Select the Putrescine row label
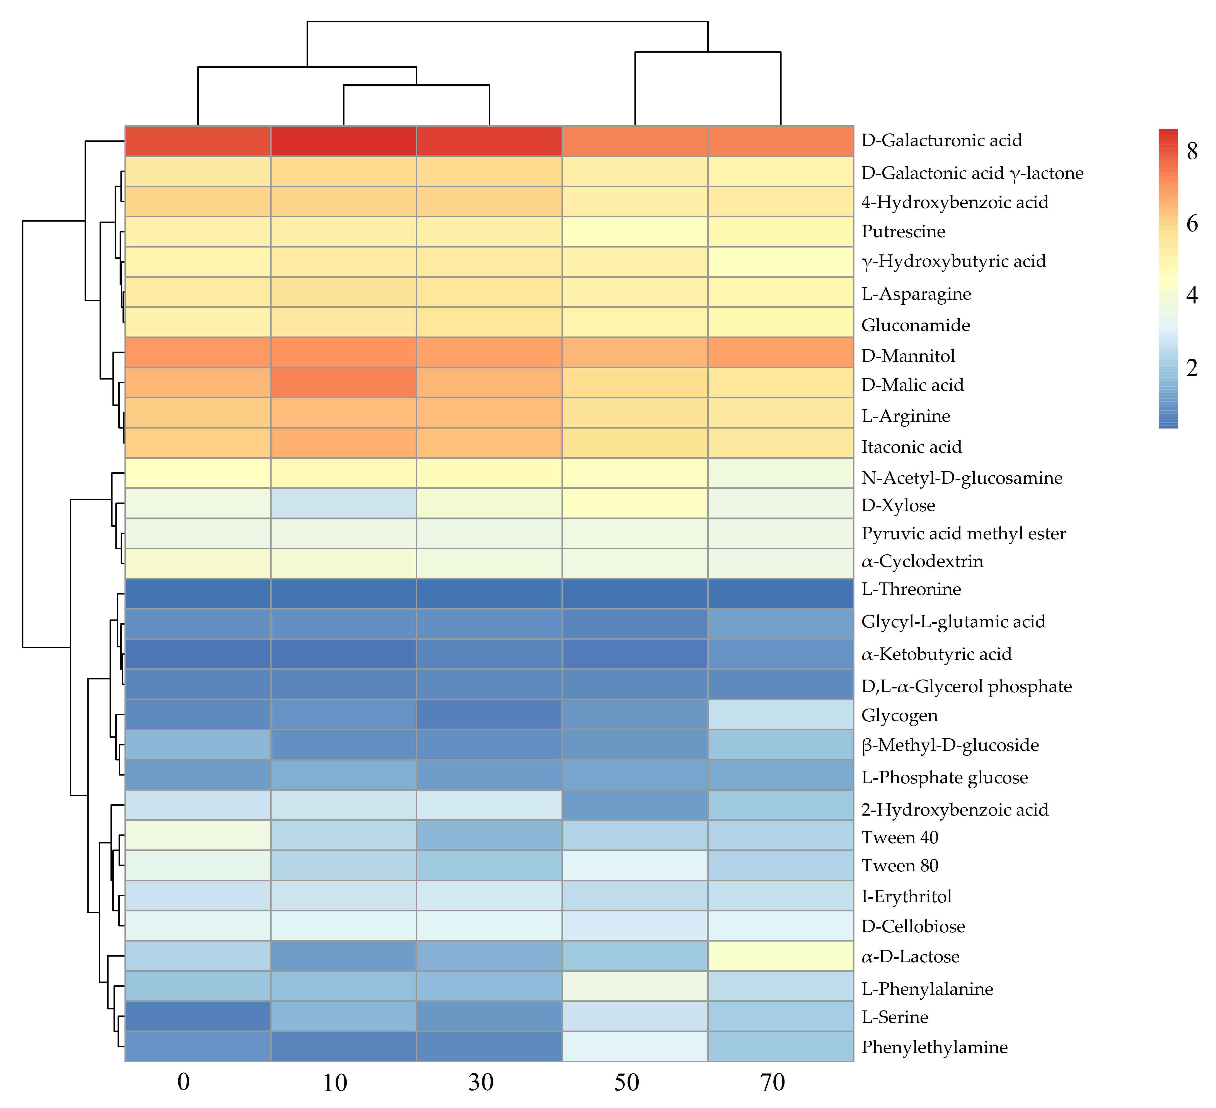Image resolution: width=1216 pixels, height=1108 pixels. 903,232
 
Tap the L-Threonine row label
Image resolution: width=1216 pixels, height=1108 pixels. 911,589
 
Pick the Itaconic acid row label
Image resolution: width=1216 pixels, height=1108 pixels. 911,447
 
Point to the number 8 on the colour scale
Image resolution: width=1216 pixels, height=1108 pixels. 1192,151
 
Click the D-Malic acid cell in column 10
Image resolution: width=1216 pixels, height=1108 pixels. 343,382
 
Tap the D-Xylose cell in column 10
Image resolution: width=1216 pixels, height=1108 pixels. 343,503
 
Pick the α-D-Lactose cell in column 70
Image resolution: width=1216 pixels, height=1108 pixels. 781,955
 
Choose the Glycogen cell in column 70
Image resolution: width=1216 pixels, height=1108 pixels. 781,714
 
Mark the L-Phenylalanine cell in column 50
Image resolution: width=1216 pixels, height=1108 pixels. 634,986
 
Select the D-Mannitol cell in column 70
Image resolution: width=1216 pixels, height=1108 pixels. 781,352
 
